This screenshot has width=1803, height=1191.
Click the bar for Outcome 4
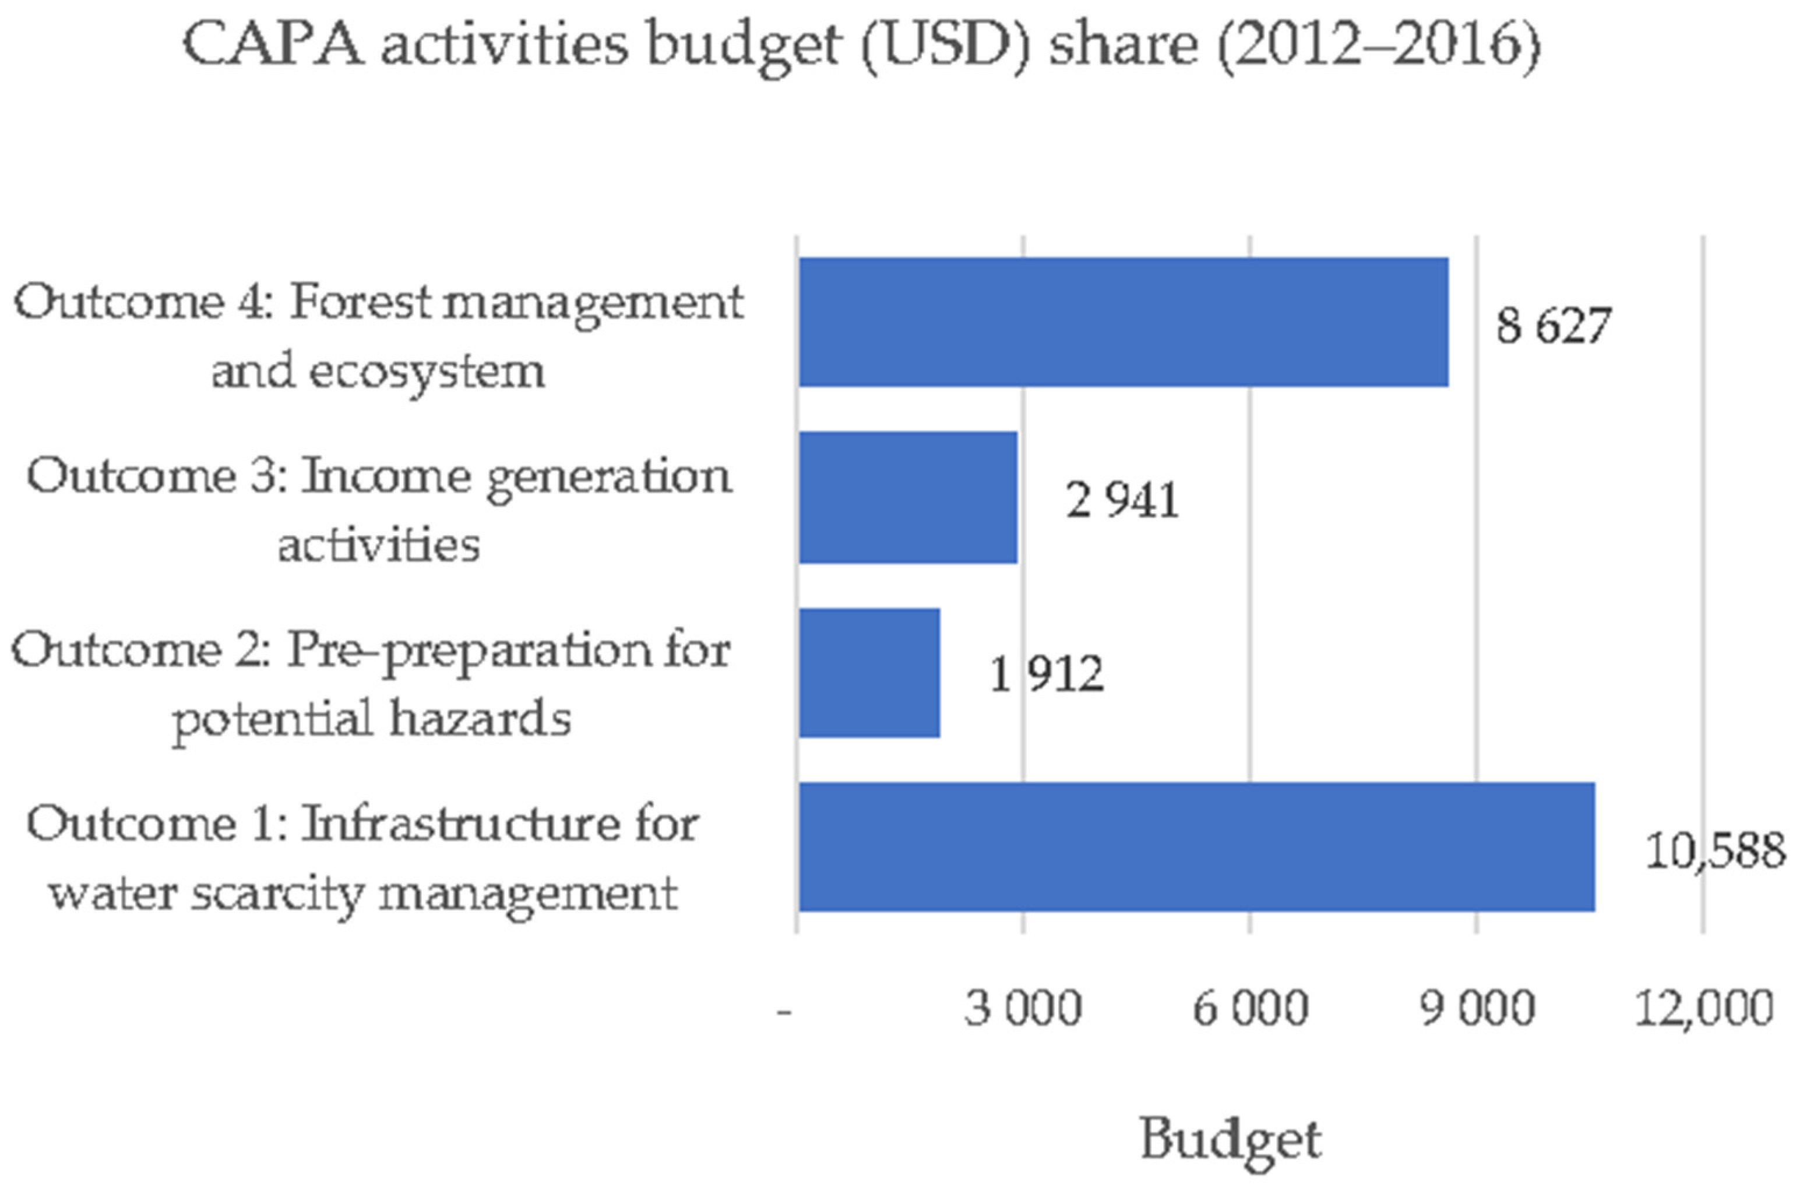[1123, 322]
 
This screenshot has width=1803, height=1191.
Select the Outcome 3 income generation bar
[908, 497]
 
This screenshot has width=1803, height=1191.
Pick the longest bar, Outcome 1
[1197, 847]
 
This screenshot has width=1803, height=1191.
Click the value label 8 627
[1552, 326]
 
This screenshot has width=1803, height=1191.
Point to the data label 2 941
[1122, 500]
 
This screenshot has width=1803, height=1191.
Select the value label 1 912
[1046, 674]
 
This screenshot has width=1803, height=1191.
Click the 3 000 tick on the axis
[1022, 1009]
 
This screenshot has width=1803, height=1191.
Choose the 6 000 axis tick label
[1250, 1009]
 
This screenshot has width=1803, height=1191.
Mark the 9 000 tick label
[1477, 1009]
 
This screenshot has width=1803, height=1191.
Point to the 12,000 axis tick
[1703, 1009]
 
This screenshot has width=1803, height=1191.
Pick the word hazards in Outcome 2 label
[480, 718]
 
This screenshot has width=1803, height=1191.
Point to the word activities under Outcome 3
[378, 544]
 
